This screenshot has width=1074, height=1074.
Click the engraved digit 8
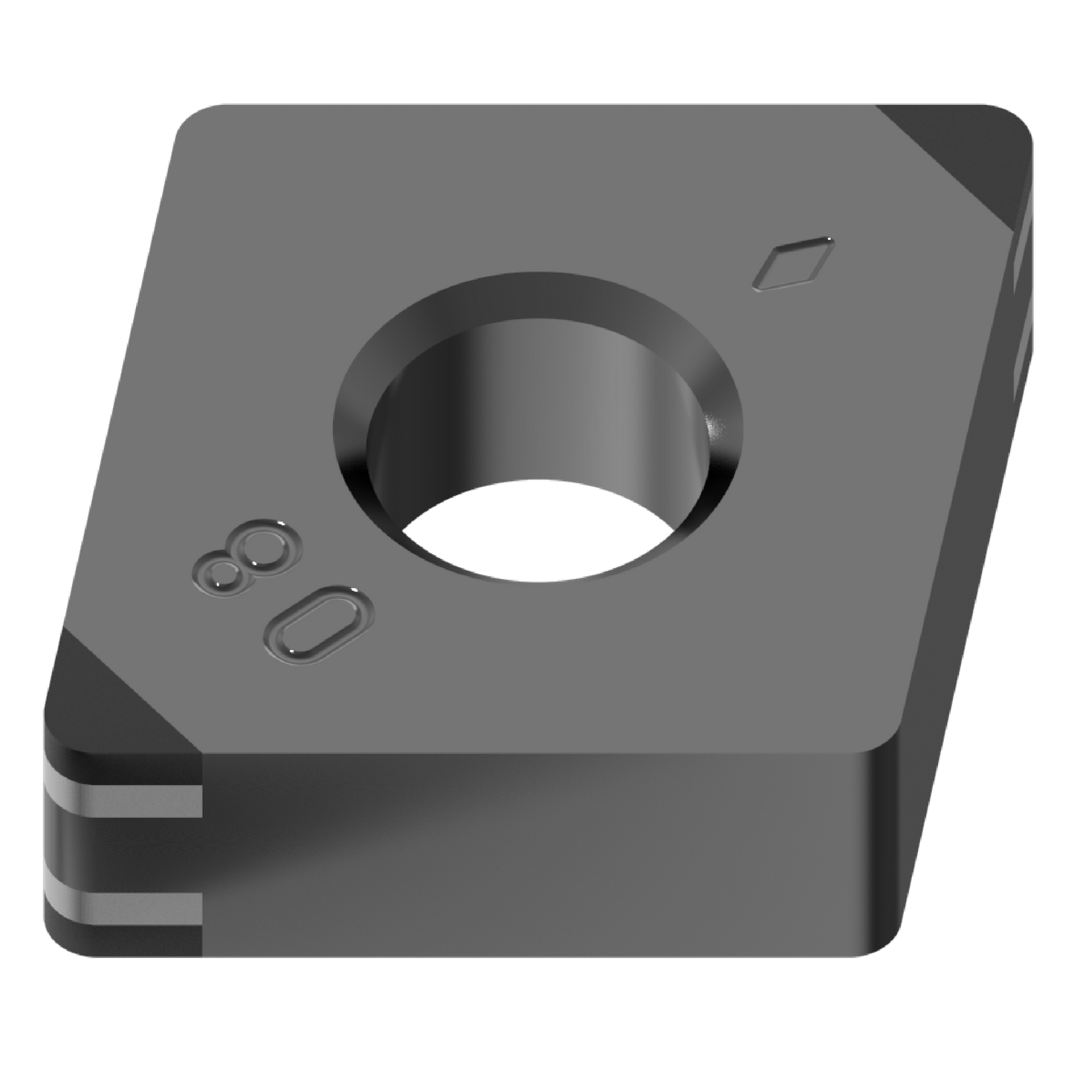point(239,560)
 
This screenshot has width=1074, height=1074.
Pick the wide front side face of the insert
point(535,855)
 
